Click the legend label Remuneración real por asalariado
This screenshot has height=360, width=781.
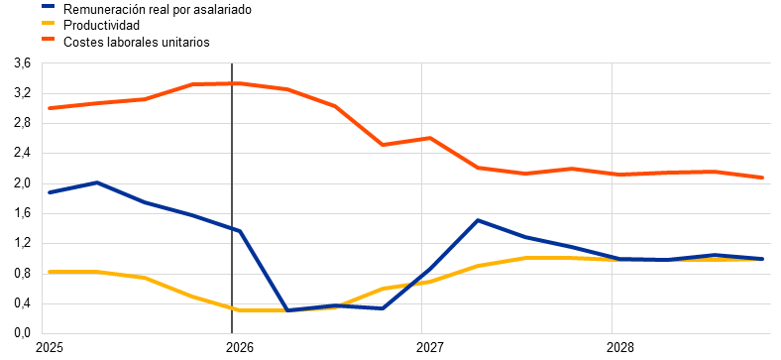click(157, 9)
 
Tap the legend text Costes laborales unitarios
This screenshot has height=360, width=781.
click(136, 42)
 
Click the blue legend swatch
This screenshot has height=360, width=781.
click(47, 9)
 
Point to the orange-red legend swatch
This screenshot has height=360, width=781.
click(47, 42)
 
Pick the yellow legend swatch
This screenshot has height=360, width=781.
click(47, 25)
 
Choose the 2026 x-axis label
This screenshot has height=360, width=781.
click(232, 347)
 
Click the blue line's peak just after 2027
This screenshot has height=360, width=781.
click(477, 220)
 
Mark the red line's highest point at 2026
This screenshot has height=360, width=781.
click(240, 83)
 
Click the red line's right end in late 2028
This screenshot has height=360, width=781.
click(762, 177)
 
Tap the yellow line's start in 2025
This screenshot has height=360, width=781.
click(50, 272)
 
